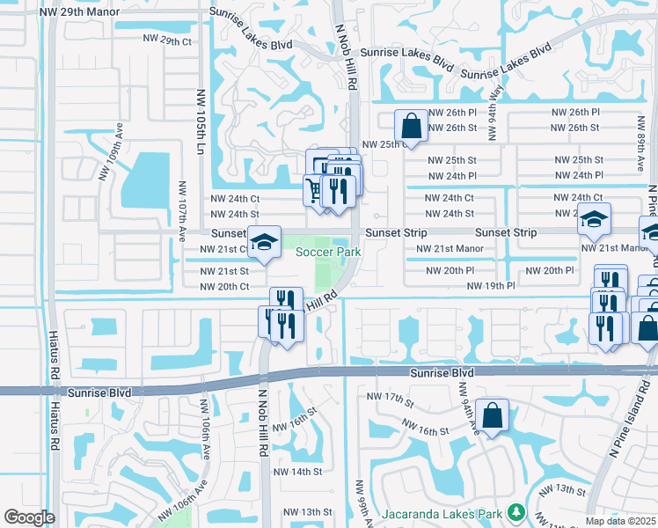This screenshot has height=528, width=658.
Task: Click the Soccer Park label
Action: point(328,253)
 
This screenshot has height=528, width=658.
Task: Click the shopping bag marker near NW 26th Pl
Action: point(411,125)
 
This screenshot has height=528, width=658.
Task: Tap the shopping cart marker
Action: point(314,189)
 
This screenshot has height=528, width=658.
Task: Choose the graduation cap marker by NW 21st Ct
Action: point(263,244)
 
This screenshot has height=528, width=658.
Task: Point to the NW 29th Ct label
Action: point(166,41)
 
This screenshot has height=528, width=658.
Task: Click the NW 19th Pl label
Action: point(490,286)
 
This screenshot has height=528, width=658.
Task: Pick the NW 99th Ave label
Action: point(360,504)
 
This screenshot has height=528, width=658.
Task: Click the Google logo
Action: point(30,517)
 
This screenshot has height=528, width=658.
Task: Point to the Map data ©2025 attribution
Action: point(620,521)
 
